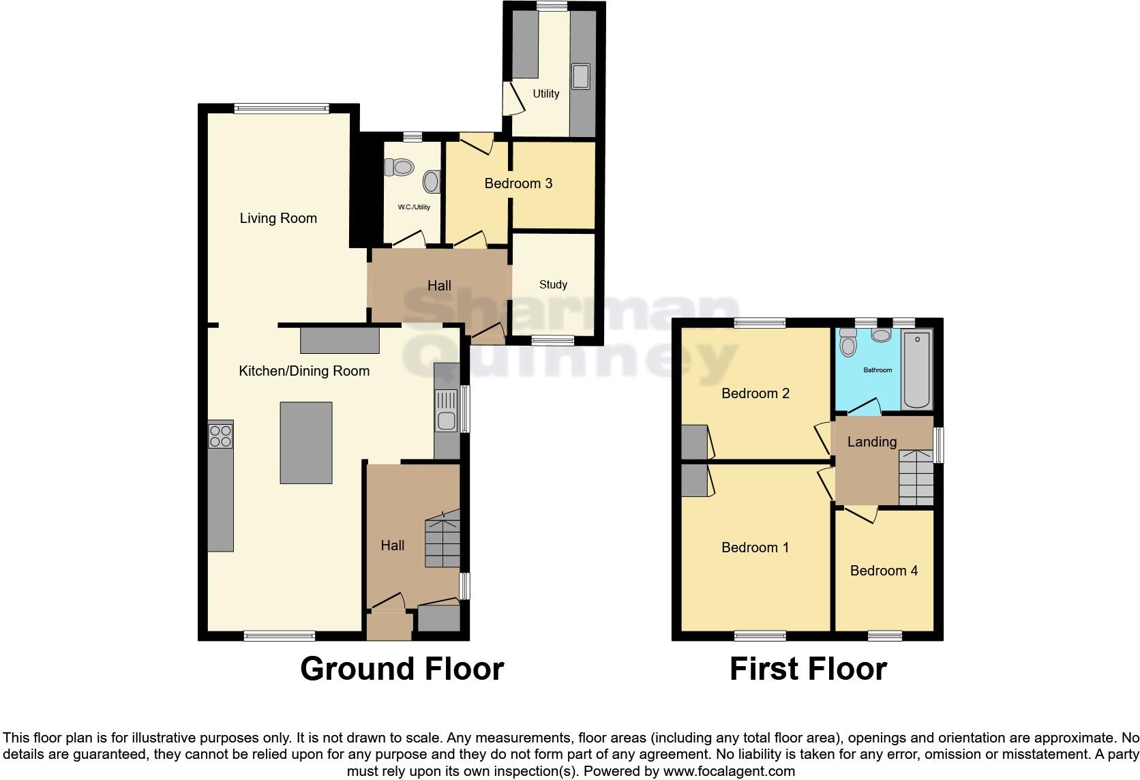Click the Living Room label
278,218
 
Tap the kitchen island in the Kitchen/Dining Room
306,442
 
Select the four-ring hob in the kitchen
221,436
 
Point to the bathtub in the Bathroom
917,370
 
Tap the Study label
553,284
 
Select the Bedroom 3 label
518,183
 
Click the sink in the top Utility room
582,76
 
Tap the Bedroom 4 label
884,571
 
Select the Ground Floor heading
402,669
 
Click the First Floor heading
808,669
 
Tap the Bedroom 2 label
755,393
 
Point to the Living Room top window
281,108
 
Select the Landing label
871,442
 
